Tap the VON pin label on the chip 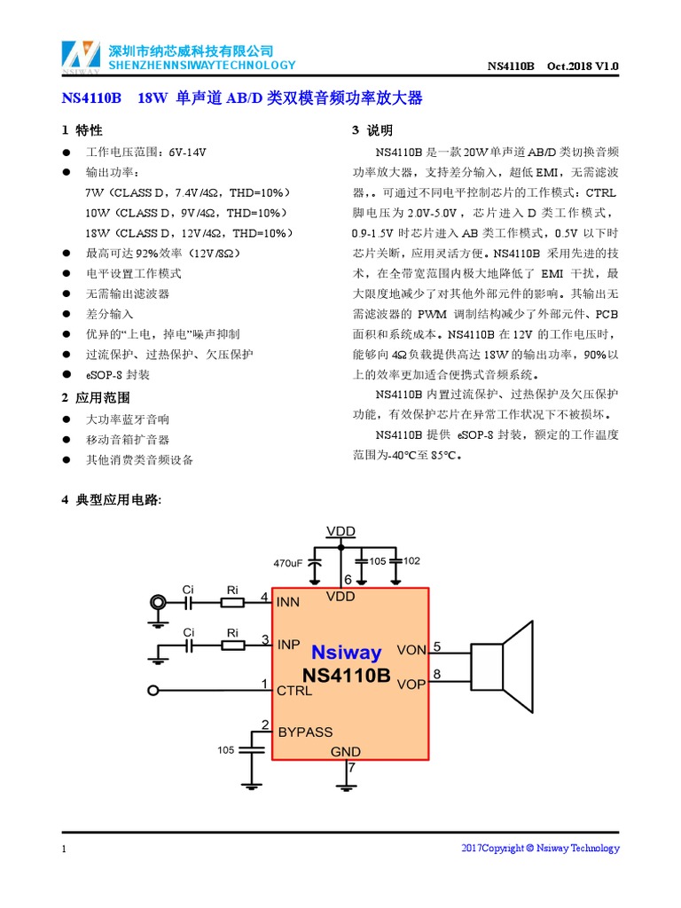click(411, 650)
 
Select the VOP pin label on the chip click(411, 685)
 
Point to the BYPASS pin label click(305, 732)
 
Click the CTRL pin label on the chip click(294, 690)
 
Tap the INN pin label click(288, 602)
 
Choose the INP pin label click(288, 644)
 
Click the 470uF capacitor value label click(288, 562)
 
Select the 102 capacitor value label click(411, 561)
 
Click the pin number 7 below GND click(351, 768)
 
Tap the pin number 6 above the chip click(348, 579)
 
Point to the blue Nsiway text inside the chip click(346, 654)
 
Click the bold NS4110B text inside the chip click(346, 676)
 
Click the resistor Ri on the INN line click(232, 602)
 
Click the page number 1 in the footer click(65, 849)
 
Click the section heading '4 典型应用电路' click(111, 500)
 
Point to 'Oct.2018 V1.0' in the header click(583, 67)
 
